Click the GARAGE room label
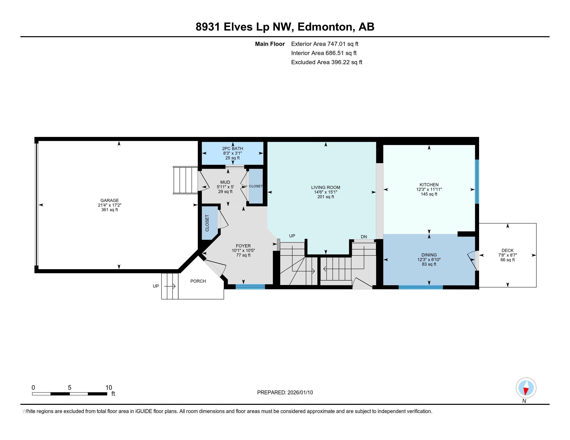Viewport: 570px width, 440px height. [110, 200]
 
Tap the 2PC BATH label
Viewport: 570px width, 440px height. [233, 149]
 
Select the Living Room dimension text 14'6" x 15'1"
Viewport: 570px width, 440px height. [325, 192]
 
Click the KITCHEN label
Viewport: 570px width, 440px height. [429, 185]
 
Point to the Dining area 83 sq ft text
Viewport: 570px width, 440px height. [429, 264]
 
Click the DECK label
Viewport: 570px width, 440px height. [507, 251]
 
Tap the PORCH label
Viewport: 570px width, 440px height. [198, 281]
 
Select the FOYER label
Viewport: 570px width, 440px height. [243, 246]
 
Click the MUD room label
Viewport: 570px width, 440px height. [225, 182]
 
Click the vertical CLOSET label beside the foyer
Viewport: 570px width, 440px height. [207, 223]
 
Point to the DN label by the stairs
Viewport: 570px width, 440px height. [364, 237]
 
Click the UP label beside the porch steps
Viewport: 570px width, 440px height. [156, 286]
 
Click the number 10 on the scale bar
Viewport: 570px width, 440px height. [109, 388]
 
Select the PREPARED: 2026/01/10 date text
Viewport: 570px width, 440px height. [285, 393]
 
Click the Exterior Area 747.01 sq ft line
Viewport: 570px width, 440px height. [325, 44]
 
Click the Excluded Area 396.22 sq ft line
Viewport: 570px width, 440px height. [326, 62]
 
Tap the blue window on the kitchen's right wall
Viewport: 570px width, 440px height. [477, 181]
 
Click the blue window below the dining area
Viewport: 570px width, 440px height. [421, 287]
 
